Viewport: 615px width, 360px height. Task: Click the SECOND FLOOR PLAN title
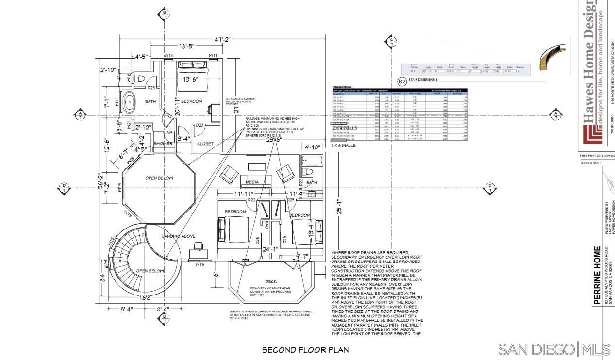tap(305, 350)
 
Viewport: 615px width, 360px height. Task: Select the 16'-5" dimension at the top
tap(187, 46)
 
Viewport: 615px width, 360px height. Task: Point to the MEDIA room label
tap(252, 182)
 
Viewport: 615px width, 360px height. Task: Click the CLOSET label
tap(205, 144)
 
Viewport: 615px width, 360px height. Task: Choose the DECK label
tap(271, 281)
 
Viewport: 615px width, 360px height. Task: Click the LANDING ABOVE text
tap(179, 236)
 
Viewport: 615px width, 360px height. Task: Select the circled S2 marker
tap(402, 82)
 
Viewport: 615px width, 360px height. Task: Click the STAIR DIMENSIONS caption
tap(423, 79)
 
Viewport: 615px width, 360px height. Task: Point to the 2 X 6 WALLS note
tap(344, 145)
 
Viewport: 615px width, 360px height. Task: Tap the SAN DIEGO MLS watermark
tap(554, 349)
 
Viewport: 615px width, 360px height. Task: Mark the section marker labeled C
tap(391, 41)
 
